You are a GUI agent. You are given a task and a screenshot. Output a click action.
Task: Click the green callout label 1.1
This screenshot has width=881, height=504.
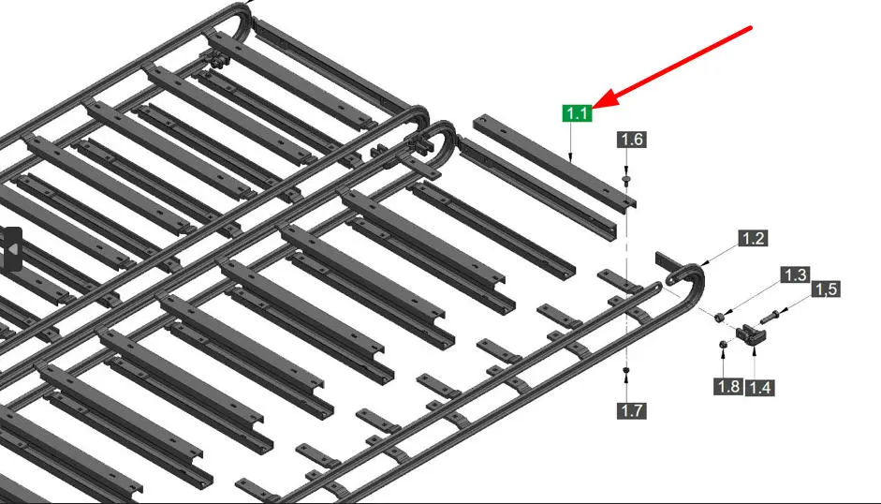(577, 113)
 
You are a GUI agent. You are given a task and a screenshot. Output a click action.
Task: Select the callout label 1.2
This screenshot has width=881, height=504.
(753, 239)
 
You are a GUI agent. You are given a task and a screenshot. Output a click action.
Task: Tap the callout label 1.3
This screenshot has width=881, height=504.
(795, 275)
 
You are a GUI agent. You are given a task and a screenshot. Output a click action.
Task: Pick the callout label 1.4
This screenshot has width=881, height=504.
(759, 387)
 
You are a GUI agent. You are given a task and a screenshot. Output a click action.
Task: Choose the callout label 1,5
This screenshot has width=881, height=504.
(826, 289)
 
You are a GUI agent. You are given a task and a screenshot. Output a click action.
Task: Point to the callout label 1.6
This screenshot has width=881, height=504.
(632, 140)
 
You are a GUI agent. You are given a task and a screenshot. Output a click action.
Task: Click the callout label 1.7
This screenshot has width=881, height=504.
(632, 410)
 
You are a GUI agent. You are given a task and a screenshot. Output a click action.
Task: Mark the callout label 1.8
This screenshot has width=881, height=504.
(728, 387)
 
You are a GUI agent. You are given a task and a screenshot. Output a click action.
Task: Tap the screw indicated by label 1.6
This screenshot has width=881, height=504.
(626, 180)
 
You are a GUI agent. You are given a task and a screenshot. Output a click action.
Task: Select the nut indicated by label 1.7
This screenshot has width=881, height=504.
(626, 370)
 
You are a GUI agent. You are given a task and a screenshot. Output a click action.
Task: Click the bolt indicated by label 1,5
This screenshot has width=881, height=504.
(770, 318)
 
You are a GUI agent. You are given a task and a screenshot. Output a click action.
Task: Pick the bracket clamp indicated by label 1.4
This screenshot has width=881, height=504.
(751, 334)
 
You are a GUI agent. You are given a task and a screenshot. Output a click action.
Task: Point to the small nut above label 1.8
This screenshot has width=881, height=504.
(723, 344)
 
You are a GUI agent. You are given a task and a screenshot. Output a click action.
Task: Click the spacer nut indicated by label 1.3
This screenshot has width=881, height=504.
(719, 318)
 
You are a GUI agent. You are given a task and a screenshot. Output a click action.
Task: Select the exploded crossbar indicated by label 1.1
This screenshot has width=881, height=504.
(554, 161)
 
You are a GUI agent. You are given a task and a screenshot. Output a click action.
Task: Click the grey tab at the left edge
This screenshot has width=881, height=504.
(11, 248)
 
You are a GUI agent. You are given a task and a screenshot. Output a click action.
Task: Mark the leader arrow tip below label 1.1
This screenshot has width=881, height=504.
(571, 160)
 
